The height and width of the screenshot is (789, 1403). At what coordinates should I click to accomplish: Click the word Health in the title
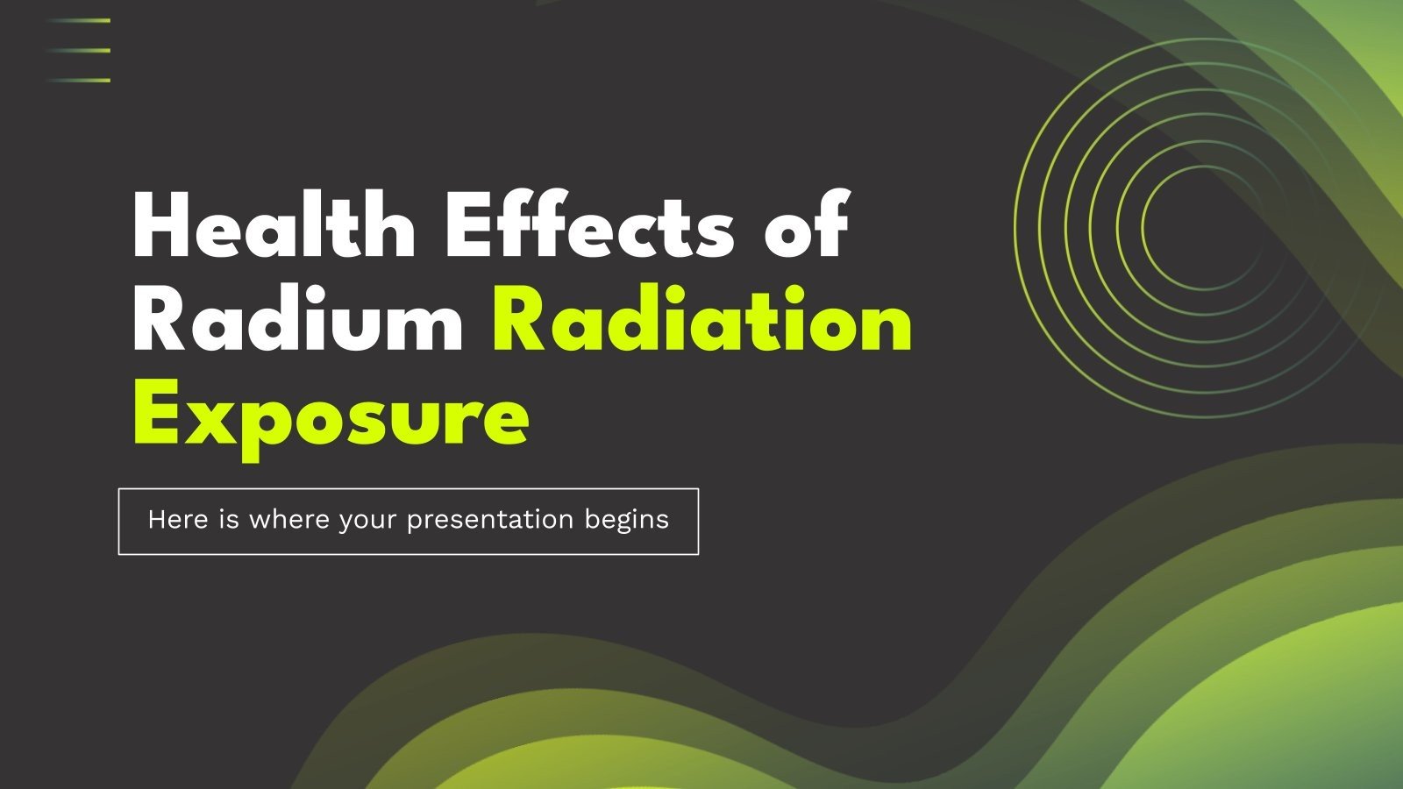coord(274,225)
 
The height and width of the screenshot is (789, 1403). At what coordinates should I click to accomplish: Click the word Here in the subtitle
coord(178,520)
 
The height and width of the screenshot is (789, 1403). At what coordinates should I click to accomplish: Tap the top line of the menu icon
coord(79,20)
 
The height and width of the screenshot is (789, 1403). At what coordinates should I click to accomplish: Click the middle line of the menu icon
coord(79,50)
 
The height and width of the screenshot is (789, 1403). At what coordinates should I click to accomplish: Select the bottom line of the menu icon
coord(79,80)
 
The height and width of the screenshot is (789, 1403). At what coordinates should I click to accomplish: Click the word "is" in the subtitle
coord(229,520)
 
